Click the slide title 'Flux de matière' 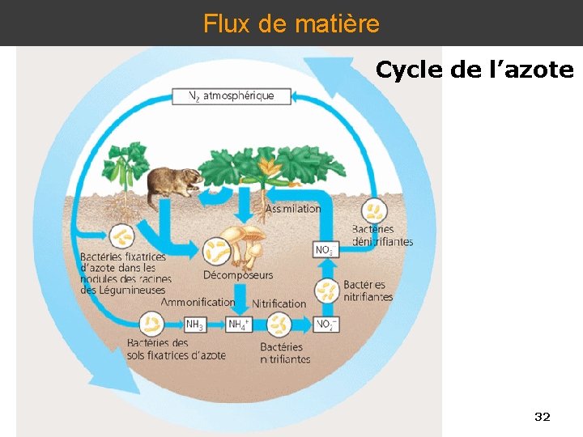click(x=291, y=23)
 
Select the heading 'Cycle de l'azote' click(x=474, y=70)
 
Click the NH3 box click(x=194, y=325)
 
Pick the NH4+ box click(x=239, y=325)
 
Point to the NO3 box click(x=324, y=250)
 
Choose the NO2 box click(x=326, y=325)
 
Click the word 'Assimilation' click(x=293, y=209)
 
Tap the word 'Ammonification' click(x=198, y=303)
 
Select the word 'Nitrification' click(x=279, y=303)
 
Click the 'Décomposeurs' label click(x=238, y=275)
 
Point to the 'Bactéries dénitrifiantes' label click(x=382, y=235)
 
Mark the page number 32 click(x=543, y=417)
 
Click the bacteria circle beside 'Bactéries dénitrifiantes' click(x=374, y=211)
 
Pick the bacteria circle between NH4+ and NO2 click(x=279, y=325)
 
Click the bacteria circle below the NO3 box click(x=326, y=290)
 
